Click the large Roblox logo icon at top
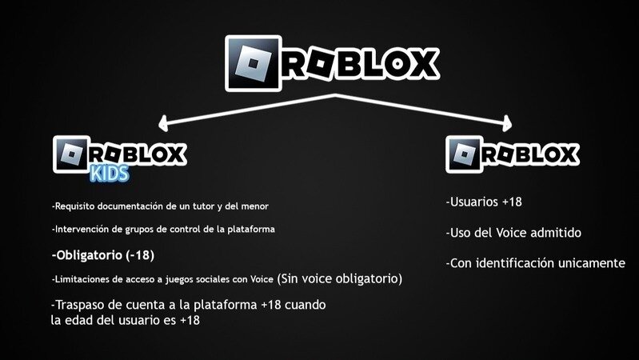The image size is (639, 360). coord(254,62)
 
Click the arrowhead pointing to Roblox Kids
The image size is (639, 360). coord(163,123)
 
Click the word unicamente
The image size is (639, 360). coord(592,262)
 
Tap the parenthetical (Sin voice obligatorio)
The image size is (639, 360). coord(339,278)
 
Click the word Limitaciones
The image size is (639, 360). coord(81,279)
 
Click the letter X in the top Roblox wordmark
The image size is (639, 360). coord(421,63)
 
